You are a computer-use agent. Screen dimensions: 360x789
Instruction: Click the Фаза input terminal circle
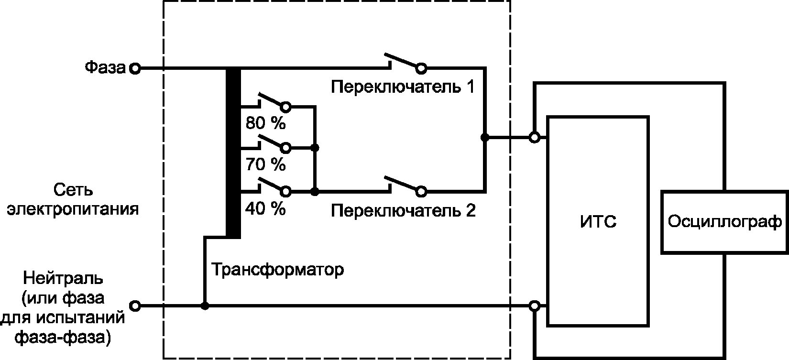click(135, 69)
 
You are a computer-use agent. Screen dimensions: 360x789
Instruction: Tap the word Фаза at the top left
click(105, 67)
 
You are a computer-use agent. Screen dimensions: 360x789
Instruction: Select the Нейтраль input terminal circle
click(135, 305)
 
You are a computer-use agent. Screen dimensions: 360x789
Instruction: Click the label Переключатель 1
click(403, 87)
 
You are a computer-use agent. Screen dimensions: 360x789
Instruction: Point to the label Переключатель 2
click(403, 211)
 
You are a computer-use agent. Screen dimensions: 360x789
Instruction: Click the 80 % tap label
click(265, 123)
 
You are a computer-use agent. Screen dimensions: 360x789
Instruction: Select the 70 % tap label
click(265, 165)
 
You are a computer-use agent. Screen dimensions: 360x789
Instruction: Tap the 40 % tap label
click(265, 209)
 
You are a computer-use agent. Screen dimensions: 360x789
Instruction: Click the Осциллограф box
click(724, 221)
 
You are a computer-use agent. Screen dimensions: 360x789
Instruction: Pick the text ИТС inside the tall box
click(598, 222)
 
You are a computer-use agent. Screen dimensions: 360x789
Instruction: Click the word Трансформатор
click(277, 270)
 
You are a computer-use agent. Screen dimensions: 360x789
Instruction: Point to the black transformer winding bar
click(233, 153)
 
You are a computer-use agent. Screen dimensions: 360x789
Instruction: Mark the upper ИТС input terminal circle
click(535, 138)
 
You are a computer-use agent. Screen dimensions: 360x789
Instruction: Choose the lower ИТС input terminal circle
click(535, 305)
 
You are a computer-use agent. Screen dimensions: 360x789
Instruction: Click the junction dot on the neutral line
click(205, 305)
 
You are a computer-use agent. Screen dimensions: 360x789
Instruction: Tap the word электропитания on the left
click(73, 209)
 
